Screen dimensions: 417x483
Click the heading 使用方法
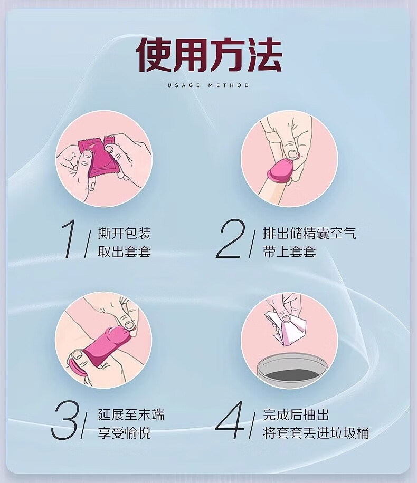coord(209,55)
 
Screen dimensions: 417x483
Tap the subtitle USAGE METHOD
coord(209,85)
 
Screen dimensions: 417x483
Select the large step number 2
coord(231,239)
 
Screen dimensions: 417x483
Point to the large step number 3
coord(65,420)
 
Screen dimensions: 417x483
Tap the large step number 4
coord(230,420)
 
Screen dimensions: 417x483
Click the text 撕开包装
coord(124,233)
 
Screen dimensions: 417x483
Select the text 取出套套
coord(124,252)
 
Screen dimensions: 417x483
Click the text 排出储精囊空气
coord(309,233)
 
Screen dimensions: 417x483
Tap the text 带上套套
coord(289,252)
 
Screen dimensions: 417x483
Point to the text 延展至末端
coord(131,414)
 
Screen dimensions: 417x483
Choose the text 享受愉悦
coord(124,433)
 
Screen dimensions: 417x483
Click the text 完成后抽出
coord(296,414)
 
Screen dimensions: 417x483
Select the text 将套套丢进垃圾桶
coord(316,433)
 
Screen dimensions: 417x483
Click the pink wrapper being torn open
coord(98,159)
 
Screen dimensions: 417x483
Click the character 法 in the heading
coord(264,55)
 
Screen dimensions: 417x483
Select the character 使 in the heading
coord(154,55)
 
